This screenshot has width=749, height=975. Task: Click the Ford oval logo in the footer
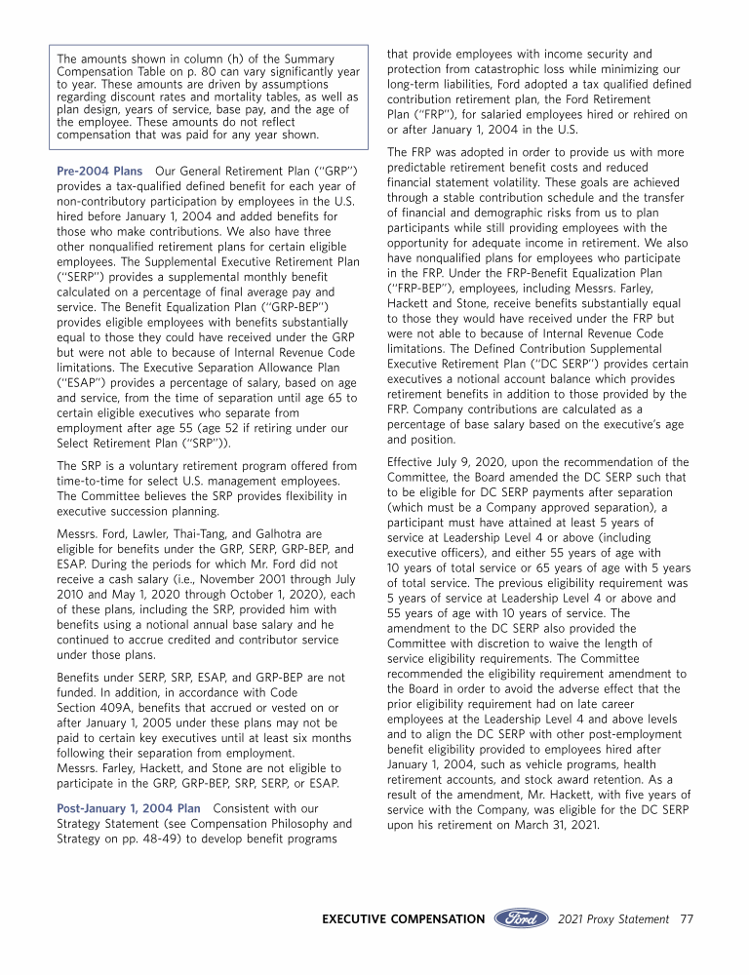pyautogui.click(x=523, y=918)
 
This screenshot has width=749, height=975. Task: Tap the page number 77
pyautogui.click(x=687, y=918)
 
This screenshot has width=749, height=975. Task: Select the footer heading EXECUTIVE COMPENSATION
pyautogui.click(x=403, y=918)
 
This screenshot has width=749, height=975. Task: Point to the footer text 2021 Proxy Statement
pyautogui.click(x=613, y=918)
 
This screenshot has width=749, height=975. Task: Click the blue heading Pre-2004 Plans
pyautogui.click(x=99, y=172)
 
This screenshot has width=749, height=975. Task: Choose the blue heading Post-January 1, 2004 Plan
pyautogui.click(x=129, y=808)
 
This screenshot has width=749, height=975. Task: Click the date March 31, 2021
pyautogui.click(x=551, y=825)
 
